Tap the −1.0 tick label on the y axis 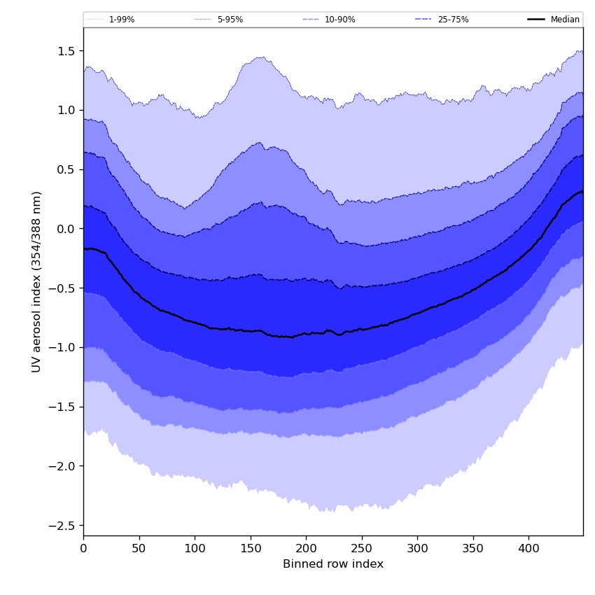click(65, 348)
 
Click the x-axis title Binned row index click(333, 564)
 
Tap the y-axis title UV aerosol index click(37, 281)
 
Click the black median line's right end click(582, 191)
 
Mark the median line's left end click(84, 248)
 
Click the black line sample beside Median click(537, 20)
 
